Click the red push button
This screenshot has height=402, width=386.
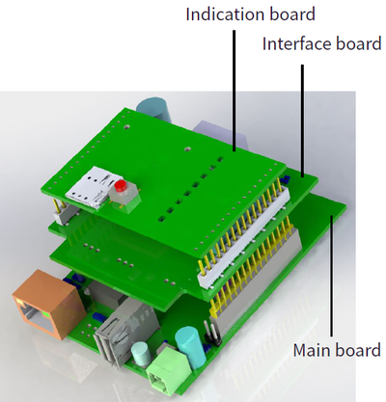coord(121,186)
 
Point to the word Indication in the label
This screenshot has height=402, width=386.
coord(225,14)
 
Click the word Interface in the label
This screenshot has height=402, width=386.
coord(296,43)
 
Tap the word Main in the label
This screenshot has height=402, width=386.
coord(315,350)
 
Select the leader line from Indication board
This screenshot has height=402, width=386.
coord(234,91)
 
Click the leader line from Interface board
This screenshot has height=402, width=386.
coord(302,121)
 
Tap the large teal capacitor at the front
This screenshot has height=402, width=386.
coord(190,348)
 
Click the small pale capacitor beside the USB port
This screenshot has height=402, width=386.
coord(141,354)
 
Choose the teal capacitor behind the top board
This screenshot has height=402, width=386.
coord(154,108)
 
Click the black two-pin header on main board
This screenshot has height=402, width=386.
coord(210,335)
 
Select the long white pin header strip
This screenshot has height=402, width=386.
coord(244,236)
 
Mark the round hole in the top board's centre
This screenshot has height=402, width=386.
coord(187,149)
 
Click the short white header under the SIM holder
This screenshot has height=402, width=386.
coord(66,215)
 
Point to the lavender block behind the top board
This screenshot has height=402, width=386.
coord(222,135)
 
